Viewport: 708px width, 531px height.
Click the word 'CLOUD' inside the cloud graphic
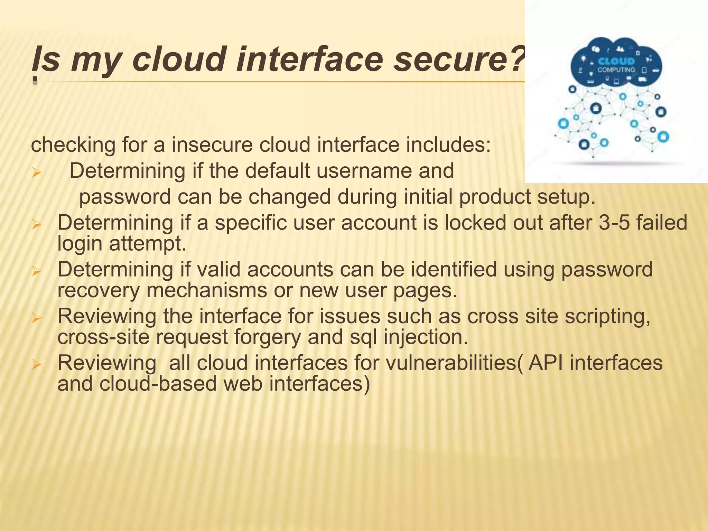[616, 62]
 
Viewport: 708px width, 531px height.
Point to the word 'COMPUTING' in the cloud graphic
[616, 70]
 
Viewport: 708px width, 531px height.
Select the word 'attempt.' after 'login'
[148, 243]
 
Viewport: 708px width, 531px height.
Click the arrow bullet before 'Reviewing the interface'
[36, 318]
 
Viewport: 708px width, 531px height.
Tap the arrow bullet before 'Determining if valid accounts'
[36, 271]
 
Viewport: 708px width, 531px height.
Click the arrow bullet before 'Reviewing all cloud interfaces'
[36, 364]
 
